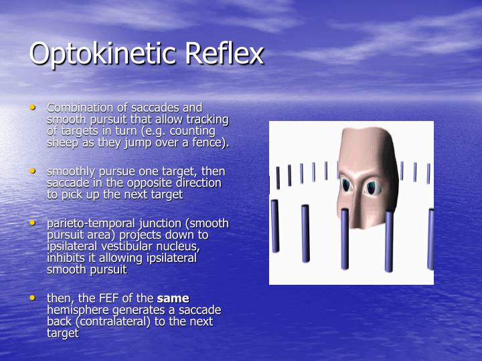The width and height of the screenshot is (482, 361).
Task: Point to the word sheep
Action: [61, 142]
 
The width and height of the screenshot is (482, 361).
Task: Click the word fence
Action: [211, 142]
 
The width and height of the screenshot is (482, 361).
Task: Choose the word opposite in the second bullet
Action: [150, 183]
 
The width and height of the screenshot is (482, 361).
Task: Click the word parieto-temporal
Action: [90, 223]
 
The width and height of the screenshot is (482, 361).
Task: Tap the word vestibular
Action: [122, 247]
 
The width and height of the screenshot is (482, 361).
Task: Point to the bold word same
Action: [173, 298]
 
